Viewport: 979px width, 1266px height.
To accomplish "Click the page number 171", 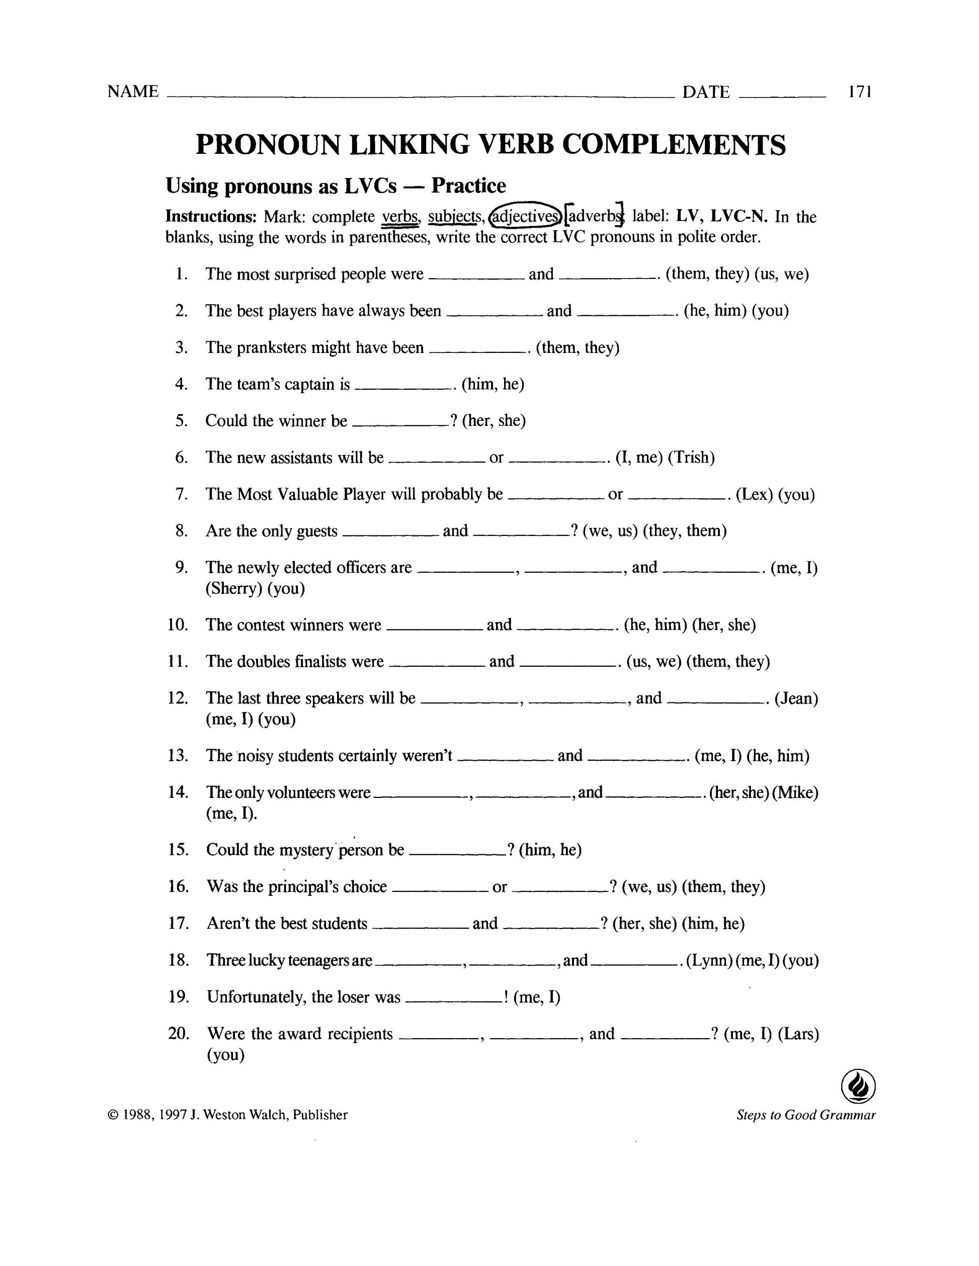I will click(x=860, y=92).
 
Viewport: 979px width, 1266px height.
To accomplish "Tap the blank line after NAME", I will click(x=418, y=96).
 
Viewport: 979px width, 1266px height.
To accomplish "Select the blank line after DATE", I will click(x=782, y=96).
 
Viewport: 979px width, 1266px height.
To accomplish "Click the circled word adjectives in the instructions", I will click(x=525, y=216).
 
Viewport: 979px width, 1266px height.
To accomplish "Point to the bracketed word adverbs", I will click(x=595, y=216).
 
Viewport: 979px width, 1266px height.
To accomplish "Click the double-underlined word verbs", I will click(x=399, y=217).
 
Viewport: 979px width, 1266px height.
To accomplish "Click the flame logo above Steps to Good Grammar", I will click(x=858, y=1085).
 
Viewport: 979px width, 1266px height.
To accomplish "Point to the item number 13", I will click(x=178, y=755).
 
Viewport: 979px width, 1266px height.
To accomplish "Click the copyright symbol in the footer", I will click(x=112, y=1115).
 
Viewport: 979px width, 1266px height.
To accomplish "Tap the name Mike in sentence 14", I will click(x=797, y=792).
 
